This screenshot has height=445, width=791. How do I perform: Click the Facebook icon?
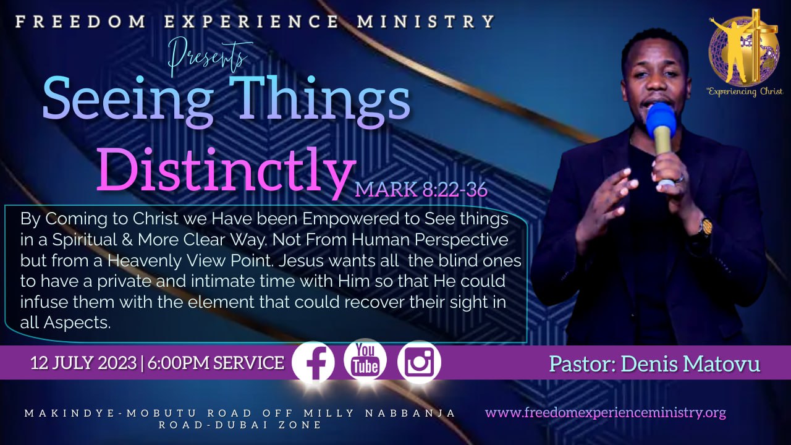(313, 362)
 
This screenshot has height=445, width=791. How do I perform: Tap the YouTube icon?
(365, 360)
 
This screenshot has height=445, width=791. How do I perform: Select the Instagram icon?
(419, 362)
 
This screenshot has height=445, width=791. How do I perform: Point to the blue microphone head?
(661, 120)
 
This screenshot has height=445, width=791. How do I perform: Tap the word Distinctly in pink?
(226, 171)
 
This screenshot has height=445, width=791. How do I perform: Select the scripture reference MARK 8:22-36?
(421, 189)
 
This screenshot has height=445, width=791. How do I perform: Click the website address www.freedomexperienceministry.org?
(605, 412)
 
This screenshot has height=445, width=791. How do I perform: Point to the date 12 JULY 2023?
(83, 363)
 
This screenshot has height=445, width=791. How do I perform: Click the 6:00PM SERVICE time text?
(216, 363)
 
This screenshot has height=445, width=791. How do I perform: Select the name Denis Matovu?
(690, 364)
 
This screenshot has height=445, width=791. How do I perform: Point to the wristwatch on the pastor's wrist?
(706, 226)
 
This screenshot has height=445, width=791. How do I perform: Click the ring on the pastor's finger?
(680, 179)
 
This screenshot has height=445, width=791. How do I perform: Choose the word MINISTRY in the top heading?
(426, 21)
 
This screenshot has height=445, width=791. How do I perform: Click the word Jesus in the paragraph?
(301, 261)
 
